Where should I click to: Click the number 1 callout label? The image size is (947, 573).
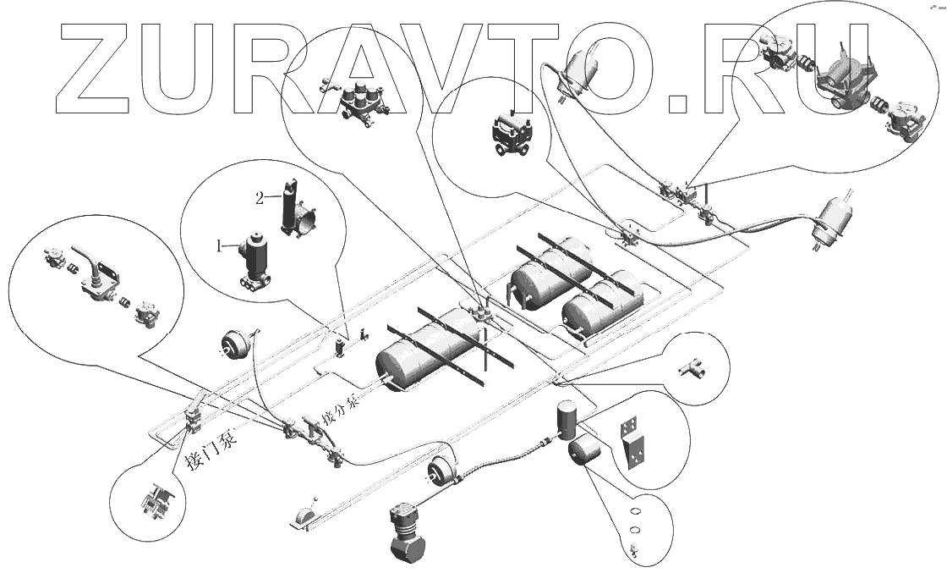(219, 246)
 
